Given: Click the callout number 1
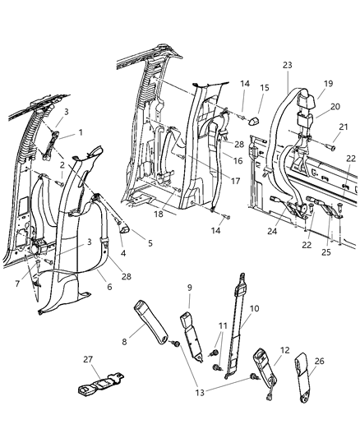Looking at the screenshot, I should pos(81,133).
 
